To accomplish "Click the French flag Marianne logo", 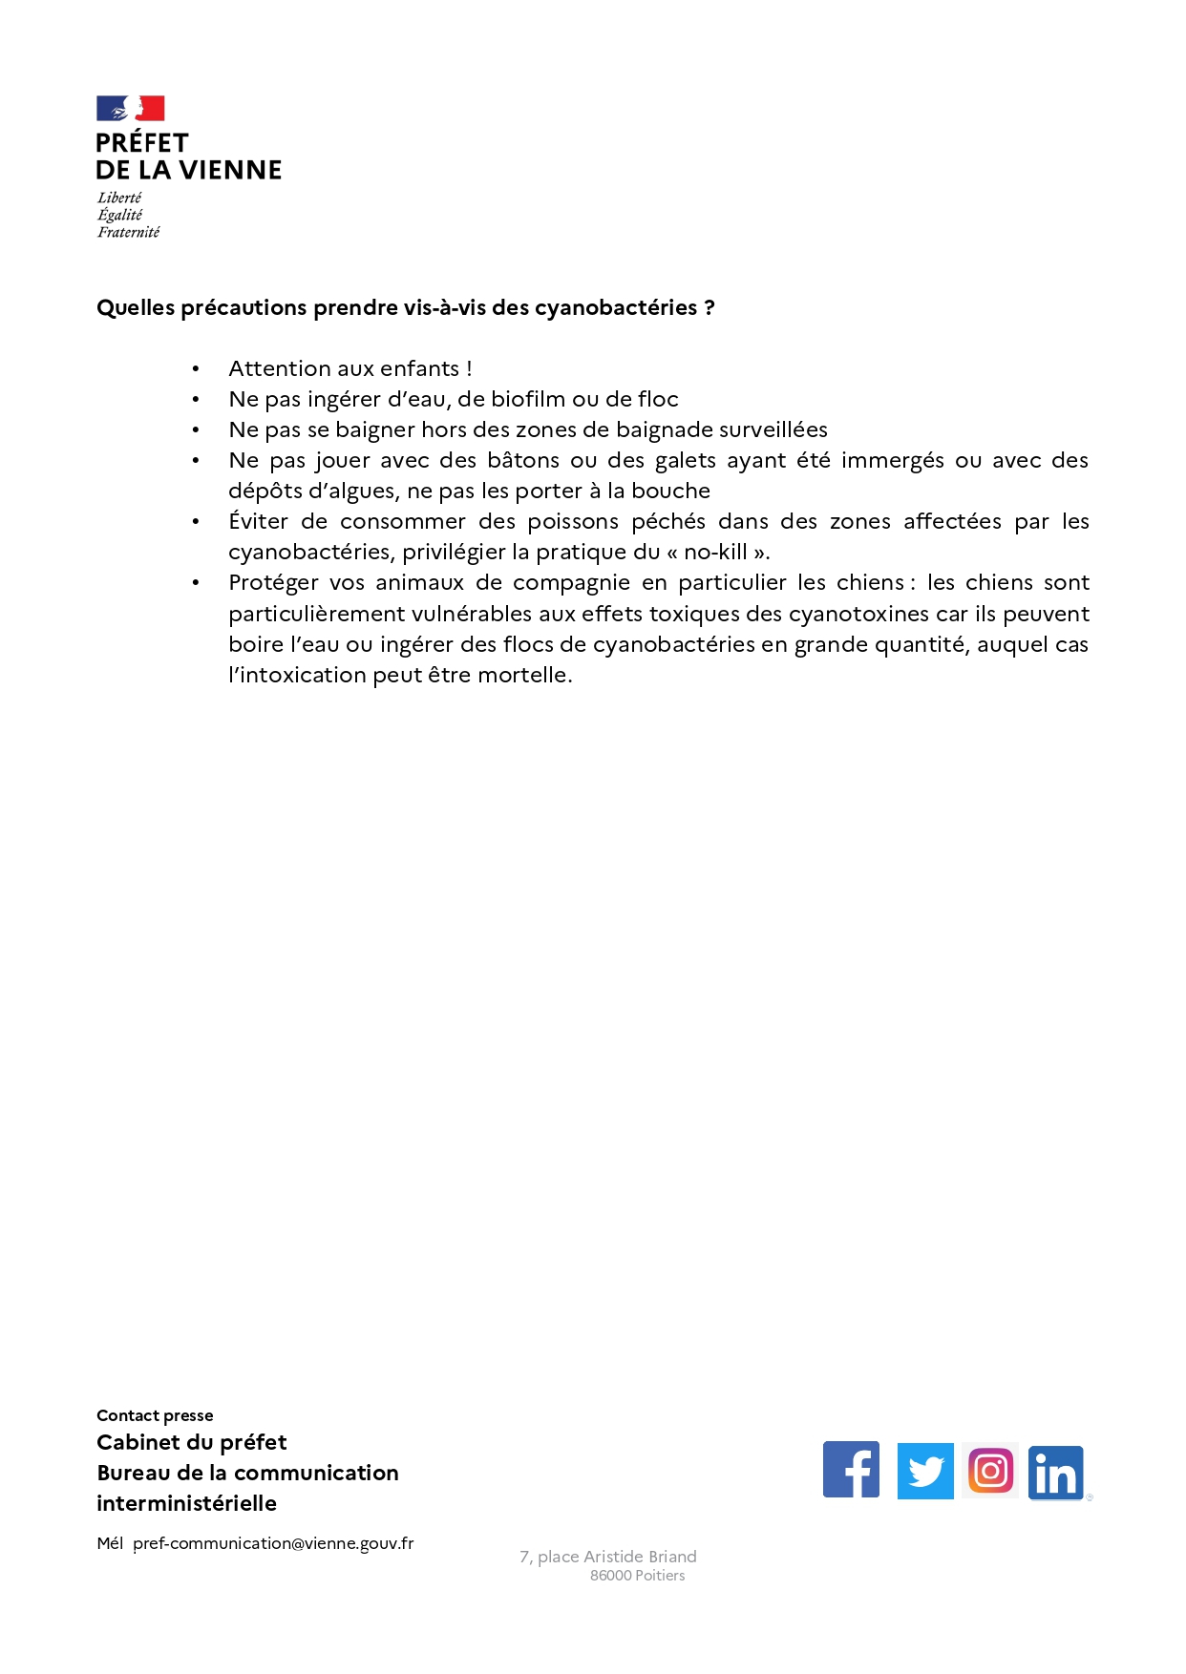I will (x=130, y=108).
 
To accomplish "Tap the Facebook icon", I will (x=851, y=1470).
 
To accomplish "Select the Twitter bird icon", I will (x=924, y=1471).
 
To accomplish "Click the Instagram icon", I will (x=990, y=1471).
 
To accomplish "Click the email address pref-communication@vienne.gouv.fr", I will (x=273, y=1543).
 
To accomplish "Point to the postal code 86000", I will (x=610, y=1576).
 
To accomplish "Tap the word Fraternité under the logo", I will (x=128, y=232).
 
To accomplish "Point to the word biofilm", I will (x=528, y=399).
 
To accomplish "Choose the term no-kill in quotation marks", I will (x=715, y=552).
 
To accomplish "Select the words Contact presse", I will (x=155, y=1415).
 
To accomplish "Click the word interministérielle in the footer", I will (x=186, y=1503).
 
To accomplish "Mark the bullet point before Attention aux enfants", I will (x=196, y=369).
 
